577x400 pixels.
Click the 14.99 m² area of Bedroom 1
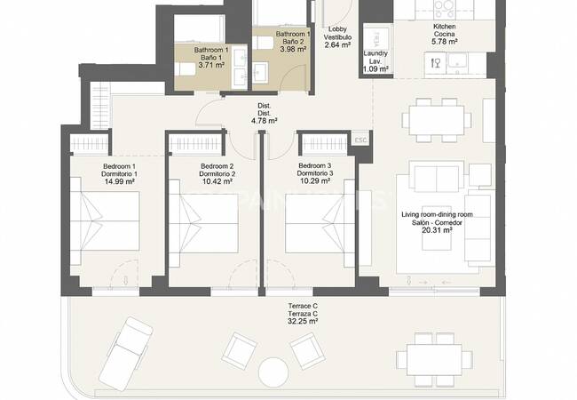(120, 181)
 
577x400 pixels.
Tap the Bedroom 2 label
(217, 166)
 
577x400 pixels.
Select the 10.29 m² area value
(315, 180)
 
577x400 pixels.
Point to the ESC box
(360, 140)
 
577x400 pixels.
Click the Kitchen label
(445, 27)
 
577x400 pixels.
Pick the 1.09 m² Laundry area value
(375, 68)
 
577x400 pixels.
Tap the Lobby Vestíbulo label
(338, 33)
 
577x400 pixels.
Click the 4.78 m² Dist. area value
(265, 120)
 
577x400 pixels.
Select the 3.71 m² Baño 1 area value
(211, 65)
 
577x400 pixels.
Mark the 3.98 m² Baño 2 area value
(293, 49)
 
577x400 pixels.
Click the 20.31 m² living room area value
(437, 230)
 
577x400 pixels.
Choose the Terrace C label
(303, 306)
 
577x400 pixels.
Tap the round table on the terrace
(273, 372)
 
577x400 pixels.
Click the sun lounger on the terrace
(126, 354)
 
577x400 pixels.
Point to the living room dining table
(437, 120)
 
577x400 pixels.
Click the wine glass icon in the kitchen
(436, 63)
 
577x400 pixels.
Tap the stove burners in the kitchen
(444, 9)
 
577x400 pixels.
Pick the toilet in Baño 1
(185, 69)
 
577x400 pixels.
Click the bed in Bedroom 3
(320, 224)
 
